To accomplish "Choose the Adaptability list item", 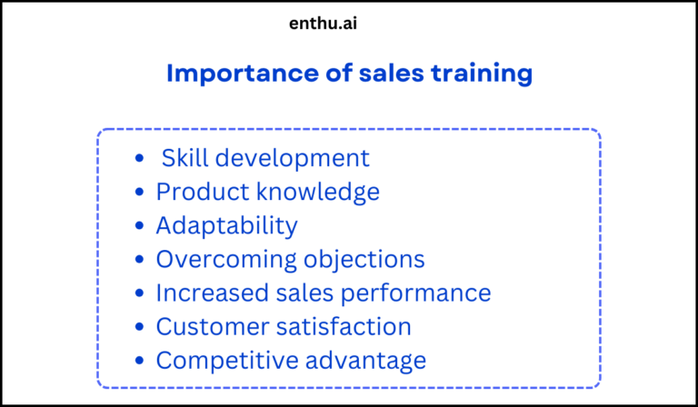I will click(x=226, y=226).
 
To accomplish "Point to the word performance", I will click(x=417, y=293).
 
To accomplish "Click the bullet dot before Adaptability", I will click(x=139, y=226).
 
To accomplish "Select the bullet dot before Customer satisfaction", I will click(x=139, y=327).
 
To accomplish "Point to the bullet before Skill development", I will click(x=139, y=159).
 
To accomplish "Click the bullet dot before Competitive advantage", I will click(x=139, y=361).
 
